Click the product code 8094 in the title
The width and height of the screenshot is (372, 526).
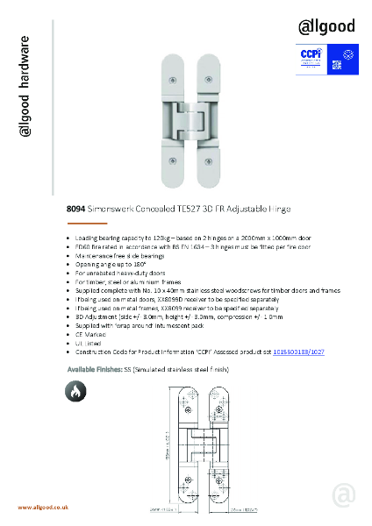[x=76, y=210]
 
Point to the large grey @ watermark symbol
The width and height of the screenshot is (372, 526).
[x=344, y=495]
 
